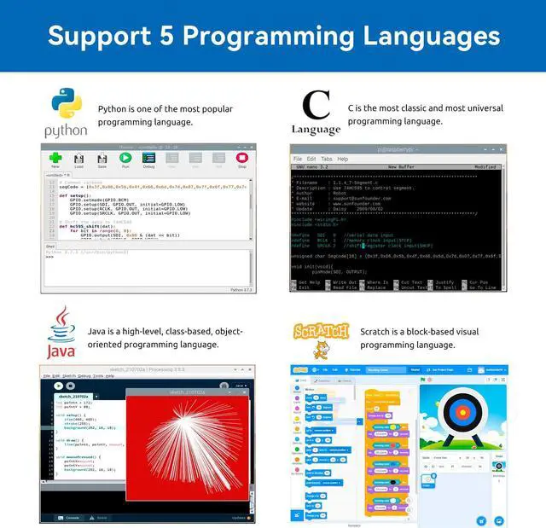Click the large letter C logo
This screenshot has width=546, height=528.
point(316,106)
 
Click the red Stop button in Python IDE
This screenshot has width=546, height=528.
point(241,158)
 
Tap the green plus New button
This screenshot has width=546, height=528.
point(55,158)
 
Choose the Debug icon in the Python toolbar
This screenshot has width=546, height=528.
point(148,159)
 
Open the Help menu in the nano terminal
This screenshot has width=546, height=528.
point(342,159)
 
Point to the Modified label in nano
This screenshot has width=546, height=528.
point(485,167)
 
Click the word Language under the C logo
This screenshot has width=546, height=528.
point(316,130)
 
